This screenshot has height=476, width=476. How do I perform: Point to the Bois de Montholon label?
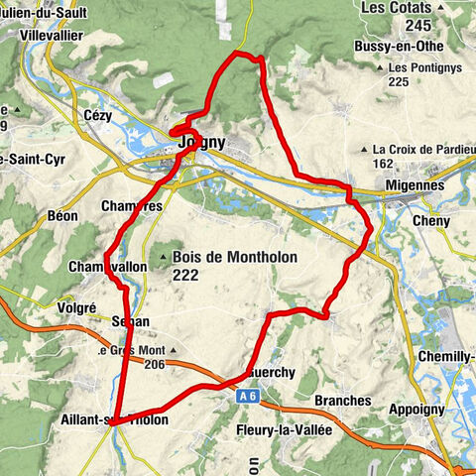(x=235, y=255)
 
